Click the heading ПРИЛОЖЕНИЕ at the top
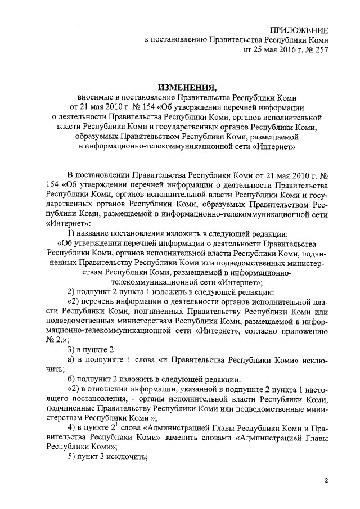point(299,30)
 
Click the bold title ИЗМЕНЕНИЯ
point(186,88)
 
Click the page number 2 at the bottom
point(326,480)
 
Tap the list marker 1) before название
point(71,233)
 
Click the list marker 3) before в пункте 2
point(71,350)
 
